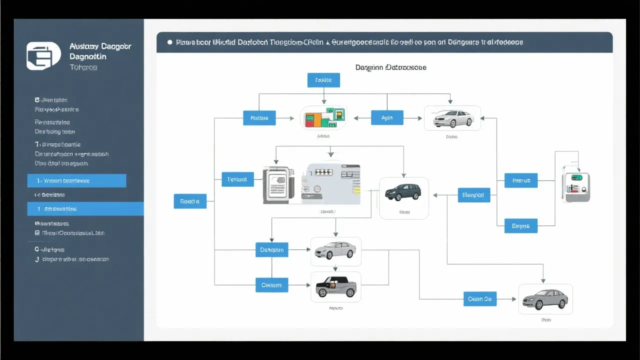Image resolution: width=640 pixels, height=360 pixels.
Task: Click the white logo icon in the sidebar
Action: click(x=43, y=56)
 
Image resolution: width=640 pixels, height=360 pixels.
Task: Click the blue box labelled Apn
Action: click(x=387, y=118)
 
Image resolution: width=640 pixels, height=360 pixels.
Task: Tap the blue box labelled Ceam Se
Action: click(x=480, y=299)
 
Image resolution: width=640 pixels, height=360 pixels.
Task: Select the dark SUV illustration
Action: click(x=403, y=192)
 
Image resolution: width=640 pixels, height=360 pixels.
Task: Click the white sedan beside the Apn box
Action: click(x=452, y=118)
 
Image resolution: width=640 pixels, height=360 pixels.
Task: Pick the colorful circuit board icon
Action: click(x=323, y=118)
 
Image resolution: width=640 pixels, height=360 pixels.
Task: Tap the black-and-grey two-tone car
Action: click(x=336, y=287)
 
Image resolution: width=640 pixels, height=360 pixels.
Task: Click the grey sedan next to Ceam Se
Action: click(x=545, y=299)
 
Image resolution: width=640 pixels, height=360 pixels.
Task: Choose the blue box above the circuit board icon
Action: click(x=323, y=80)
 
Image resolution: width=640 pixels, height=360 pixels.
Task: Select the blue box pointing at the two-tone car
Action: click(x=271, y=285)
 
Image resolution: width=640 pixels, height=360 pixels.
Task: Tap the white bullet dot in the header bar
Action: click(x=170, y=42)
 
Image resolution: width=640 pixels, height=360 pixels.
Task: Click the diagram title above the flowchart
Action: click(x=390, y=67)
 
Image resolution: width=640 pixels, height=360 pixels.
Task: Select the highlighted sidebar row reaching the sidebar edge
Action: click(x=85, y=209)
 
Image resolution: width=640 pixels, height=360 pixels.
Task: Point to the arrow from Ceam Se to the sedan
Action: click(x=506, y=299)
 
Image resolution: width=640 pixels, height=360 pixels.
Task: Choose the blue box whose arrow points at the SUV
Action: click(x=473, y=195)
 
